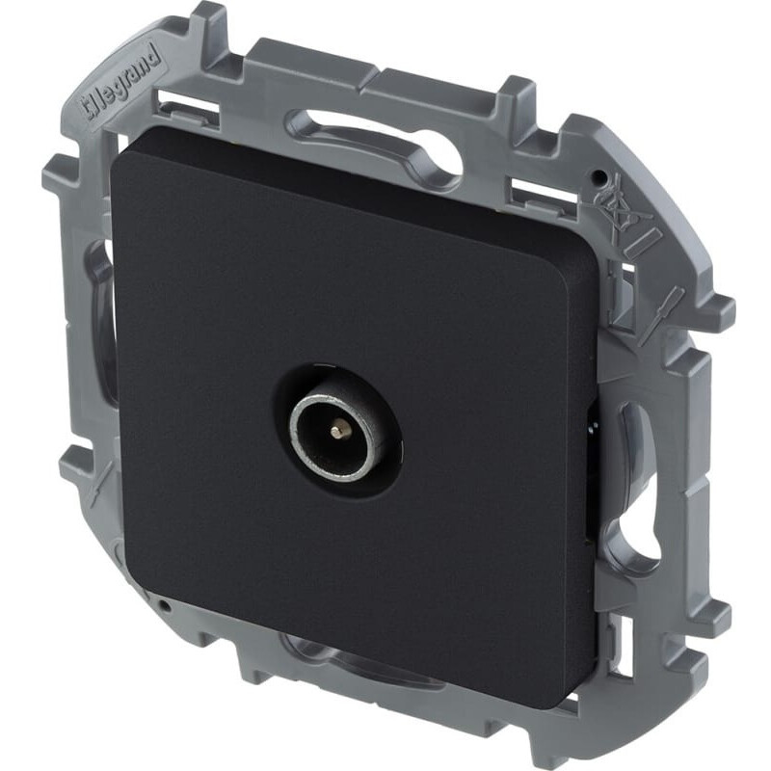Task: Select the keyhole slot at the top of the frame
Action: coord(375,144)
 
